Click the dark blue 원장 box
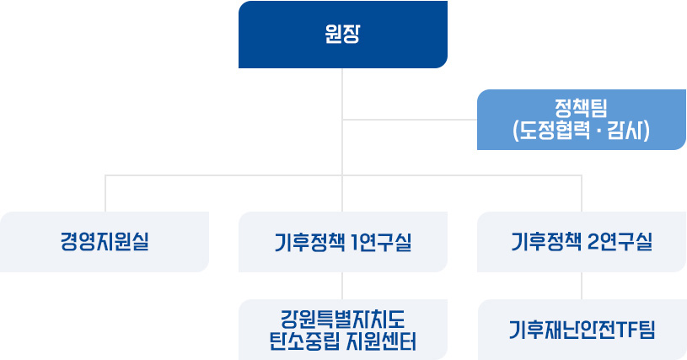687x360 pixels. coord(342,35)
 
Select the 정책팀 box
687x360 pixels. coord(582,120)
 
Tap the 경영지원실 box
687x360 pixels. coord(105,242)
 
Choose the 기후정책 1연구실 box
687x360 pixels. coord(342,242)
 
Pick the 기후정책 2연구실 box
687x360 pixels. coord(582,242)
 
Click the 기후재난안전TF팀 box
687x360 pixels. coord(582,330)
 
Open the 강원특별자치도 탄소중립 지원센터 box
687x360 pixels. coord(342,330)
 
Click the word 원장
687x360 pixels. coord(342,34)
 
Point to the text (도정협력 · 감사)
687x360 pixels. coord(581,131)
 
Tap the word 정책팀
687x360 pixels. coord(581,108)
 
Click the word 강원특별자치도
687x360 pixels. coord(342,320)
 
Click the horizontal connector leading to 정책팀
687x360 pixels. coord(410,120)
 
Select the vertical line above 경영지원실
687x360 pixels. coord(105,194)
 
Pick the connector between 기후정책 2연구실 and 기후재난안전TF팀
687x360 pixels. coord(582,286)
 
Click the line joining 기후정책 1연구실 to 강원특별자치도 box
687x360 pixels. coord(342,286)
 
